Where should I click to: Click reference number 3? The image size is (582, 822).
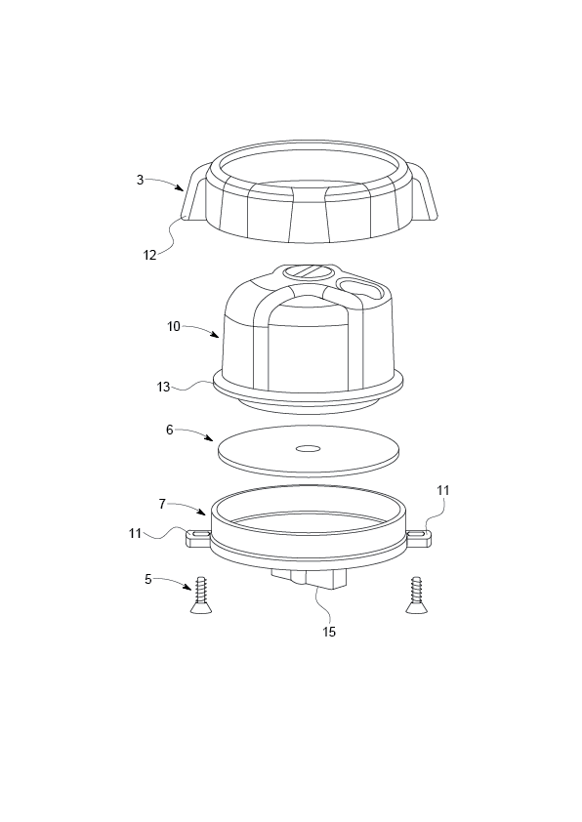pyautogui.click(x=141, y=180)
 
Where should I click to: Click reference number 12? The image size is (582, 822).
pyautogui.click(x=149, y=254)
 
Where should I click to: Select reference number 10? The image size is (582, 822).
pyautogui.click(x=174, y=326)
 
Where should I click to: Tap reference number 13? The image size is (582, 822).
pyautogui.click(x=163, y=387)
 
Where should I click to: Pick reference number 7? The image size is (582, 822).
pyautogui.click(x=163, y=503)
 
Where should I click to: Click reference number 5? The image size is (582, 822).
pyautogui.click(x=148, y=578)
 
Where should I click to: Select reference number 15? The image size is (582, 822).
pyautogui.click(x=329, y=632)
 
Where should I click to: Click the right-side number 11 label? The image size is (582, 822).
pyautogui.click(x=443, y=490)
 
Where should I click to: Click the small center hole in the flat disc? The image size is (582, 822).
pyautogui.click(x=309, y=449)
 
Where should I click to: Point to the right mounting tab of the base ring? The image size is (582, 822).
pyautogui.click(x=420, y=535)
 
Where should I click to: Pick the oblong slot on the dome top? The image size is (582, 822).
pyautogui.click(x=362, y=287)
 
